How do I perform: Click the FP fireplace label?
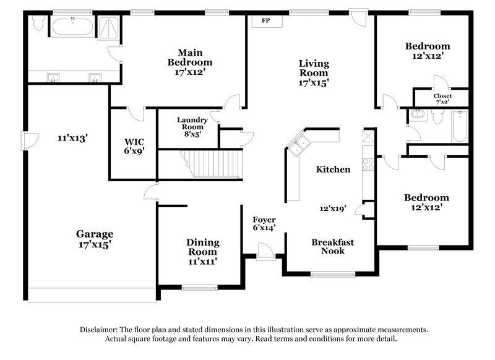[265, 20]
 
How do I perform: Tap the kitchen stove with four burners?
[368, 164]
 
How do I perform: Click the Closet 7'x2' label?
[442, 96]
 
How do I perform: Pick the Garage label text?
[95, 234]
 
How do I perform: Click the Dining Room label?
[202, 247]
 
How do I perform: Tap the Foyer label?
[264, 220]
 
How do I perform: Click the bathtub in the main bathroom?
[73, 26]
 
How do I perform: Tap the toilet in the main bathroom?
[38, 24]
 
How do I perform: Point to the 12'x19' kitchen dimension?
[333, 209]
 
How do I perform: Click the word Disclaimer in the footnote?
[100, 330]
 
